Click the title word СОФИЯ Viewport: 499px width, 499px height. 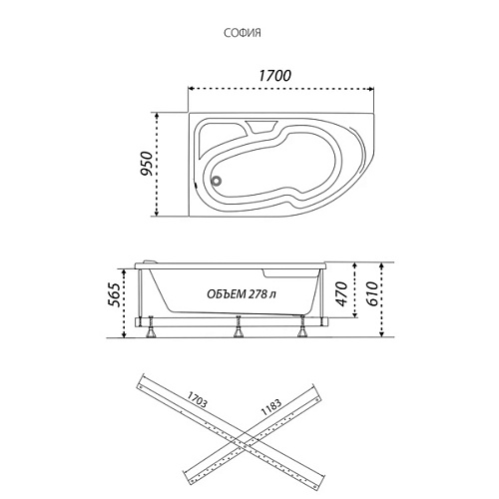[243, 33]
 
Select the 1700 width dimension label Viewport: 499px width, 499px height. [274, 76]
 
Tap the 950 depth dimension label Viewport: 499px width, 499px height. [146, 164]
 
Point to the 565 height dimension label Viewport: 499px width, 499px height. [113, 294]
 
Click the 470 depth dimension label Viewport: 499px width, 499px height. [341, 293]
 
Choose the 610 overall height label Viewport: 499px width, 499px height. [371, 294]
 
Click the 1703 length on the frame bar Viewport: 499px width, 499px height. [197, 399]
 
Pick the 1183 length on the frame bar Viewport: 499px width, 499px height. [271, 407]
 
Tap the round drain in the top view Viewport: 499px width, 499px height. [217, 181]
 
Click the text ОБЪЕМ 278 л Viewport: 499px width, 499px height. [242, 294]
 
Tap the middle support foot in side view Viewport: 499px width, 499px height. [238, 326]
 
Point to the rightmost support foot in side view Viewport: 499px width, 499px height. [302, 326]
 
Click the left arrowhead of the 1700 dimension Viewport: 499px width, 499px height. [191, 89]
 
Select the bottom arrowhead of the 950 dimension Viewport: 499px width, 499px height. [157, 214]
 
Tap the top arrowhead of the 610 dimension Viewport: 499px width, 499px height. [382, 265]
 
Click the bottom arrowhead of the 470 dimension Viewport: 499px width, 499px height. [355, 314]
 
